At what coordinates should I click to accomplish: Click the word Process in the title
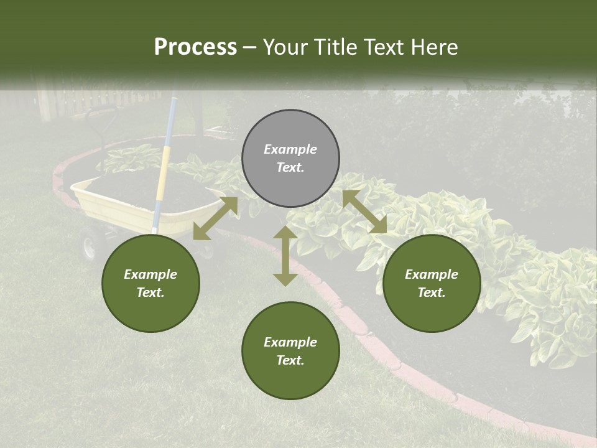point(195,47)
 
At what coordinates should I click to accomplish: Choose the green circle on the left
point(150,283)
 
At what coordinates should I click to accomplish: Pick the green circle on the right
point(432,283)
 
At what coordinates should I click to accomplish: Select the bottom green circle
point(290,350)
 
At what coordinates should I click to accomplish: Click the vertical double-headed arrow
point(285,256)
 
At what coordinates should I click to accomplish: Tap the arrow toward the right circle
point(364,212)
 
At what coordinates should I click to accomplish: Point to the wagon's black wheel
point(89,245)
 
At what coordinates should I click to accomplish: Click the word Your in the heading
point(284,47)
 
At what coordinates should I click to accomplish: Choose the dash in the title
point(250,47)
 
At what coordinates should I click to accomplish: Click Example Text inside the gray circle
point(290,158)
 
